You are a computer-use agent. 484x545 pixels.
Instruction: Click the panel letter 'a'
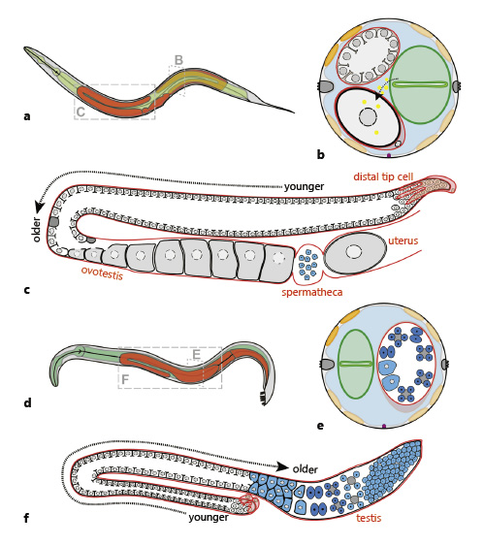[x=27, y=116]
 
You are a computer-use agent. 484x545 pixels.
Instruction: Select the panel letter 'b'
[x=320, y=153]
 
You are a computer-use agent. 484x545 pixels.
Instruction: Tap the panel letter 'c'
[x=27, y=289]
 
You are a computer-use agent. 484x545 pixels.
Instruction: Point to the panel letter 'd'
[x=27, y=402]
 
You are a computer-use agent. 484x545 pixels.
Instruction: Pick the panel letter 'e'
[x=319, y=425]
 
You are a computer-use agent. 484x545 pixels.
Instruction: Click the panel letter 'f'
[x=27, y=518]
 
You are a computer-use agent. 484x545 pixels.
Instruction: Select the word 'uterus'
[x=403, y=240]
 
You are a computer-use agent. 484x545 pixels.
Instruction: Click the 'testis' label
[x=369, y=518]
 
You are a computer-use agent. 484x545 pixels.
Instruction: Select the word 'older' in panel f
[x=305, y=469]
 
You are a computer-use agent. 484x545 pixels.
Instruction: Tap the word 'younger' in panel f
[x=209, y=517]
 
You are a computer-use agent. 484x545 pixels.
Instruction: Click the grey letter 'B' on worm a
[x=177, y=60]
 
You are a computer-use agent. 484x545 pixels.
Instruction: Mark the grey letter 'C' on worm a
[x=81, y=112]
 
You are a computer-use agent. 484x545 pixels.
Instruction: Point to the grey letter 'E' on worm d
[x=196, y=355]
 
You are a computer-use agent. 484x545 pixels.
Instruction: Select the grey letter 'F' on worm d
[x=125, y=379]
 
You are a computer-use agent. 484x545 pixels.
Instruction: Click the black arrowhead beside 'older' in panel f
[x=282, y=465]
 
